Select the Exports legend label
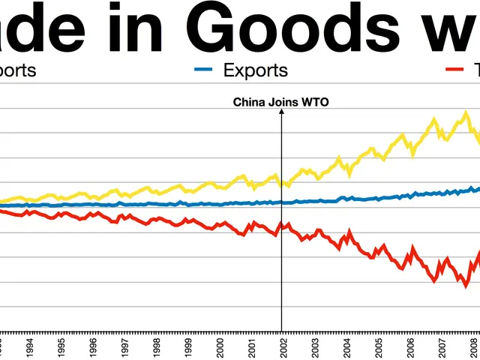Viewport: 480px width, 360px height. (x=256, y=70)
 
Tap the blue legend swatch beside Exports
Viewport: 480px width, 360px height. (x=205, y=70)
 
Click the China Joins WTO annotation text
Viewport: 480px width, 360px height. (x=281, y=102)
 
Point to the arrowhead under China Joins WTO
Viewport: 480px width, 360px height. (x=281, y=112)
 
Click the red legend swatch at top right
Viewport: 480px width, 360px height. (x=454, y=70)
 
